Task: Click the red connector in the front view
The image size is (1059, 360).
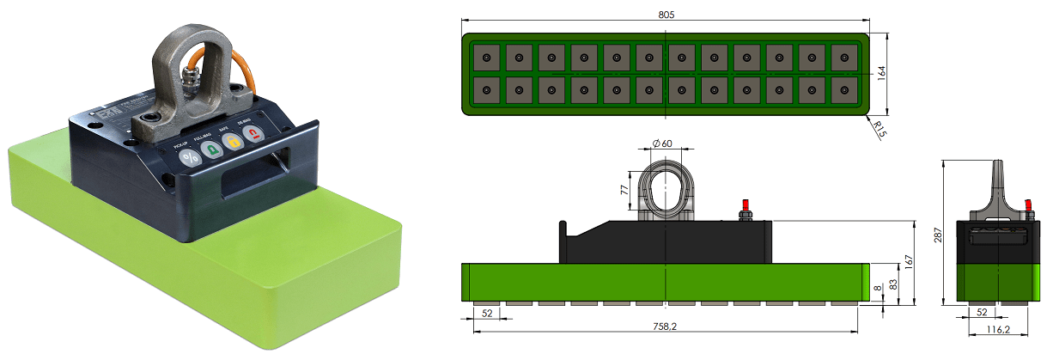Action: click(x=745, y=206)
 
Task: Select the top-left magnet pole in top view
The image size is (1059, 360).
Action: click(x=487, y=57)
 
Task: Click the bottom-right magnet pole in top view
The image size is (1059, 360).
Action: click(x=844, y=88)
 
